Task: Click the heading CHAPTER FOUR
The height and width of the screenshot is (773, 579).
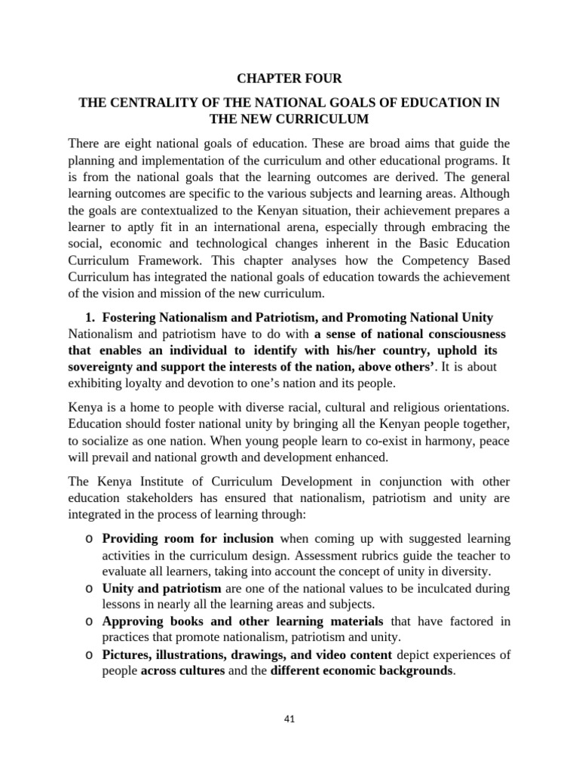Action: (289, 78)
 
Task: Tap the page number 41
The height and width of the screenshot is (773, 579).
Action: (289, 719)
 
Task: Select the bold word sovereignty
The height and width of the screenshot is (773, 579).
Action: (100, 367)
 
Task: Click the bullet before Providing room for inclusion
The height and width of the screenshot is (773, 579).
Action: (89, 539)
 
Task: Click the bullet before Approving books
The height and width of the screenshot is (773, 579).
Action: (89, 621)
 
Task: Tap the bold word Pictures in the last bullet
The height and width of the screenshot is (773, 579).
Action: (127, 654)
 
